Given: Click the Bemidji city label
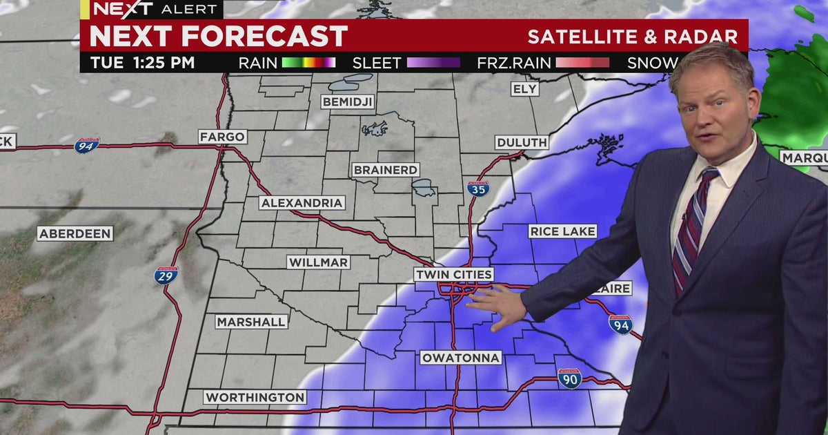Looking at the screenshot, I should pos(347,102).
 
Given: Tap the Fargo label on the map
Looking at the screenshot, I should pos(222,137).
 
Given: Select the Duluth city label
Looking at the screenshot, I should pos(522,142).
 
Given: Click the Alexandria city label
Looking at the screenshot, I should pos(302,203).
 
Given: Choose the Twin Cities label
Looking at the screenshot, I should pos(454,275).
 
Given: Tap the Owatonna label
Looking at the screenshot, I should pos(460,358).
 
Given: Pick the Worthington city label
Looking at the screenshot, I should pos(255,397).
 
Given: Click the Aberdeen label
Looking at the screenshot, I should pos(75,233).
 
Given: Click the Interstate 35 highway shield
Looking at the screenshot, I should pos(477,188).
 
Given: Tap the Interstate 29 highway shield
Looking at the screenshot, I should pos(166,275).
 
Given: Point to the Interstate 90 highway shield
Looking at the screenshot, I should pos(569,378).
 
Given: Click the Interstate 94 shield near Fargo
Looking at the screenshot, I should pos(87,145).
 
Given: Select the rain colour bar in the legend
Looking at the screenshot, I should pos(308,63).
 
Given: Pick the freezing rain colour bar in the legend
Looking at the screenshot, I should pos(582,63).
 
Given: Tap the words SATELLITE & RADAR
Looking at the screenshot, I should pos(633,37).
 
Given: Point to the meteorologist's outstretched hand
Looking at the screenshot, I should pos(499,306).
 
